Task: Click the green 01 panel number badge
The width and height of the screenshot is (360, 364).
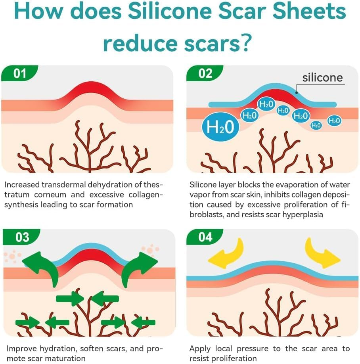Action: point(20,73)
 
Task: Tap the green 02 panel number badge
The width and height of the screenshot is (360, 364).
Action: point(205,73)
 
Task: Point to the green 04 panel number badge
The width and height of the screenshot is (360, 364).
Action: point(206,237)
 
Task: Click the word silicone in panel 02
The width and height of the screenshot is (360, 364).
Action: point(322,77)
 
